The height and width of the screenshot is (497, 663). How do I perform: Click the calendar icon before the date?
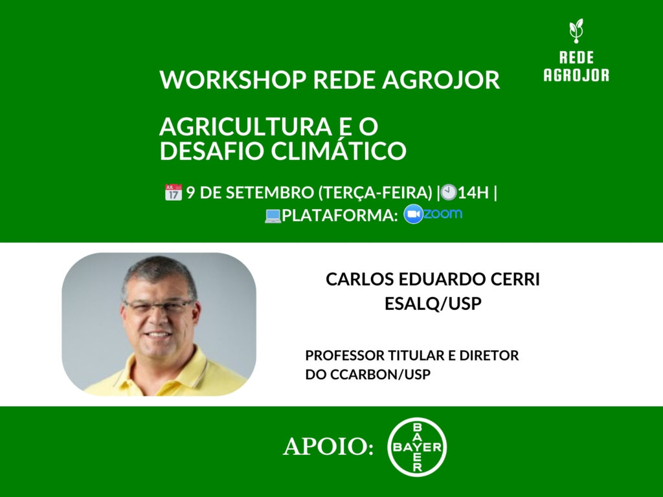pos(174,192)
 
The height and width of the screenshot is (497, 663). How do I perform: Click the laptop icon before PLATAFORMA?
pos(273,216)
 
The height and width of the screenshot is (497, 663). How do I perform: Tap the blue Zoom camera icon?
pos(413,215)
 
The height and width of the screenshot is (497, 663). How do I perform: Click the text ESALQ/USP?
pos(433,304)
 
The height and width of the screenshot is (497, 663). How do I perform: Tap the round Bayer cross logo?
pos(417,447)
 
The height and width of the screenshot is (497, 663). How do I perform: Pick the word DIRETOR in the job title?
pos(494,355)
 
